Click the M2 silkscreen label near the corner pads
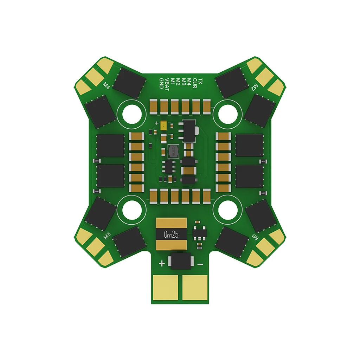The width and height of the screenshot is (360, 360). (255, 88)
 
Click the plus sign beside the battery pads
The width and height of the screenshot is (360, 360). (161, 263)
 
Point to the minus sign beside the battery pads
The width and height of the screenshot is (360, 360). (200, 264)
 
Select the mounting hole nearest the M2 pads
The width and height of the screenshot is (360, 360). (229, 112)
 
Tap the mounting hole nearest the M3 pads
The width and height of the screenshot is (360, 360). (134, 210)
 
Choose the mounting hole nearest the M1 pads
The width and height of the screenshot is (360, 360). (229, 210)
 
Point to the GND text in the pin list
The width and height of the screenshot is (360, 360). (161, 83)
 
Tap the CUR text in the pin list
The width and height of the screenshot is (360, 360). (195, 82)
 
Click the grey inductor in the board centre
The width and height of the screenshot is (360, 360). (173, 151)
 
